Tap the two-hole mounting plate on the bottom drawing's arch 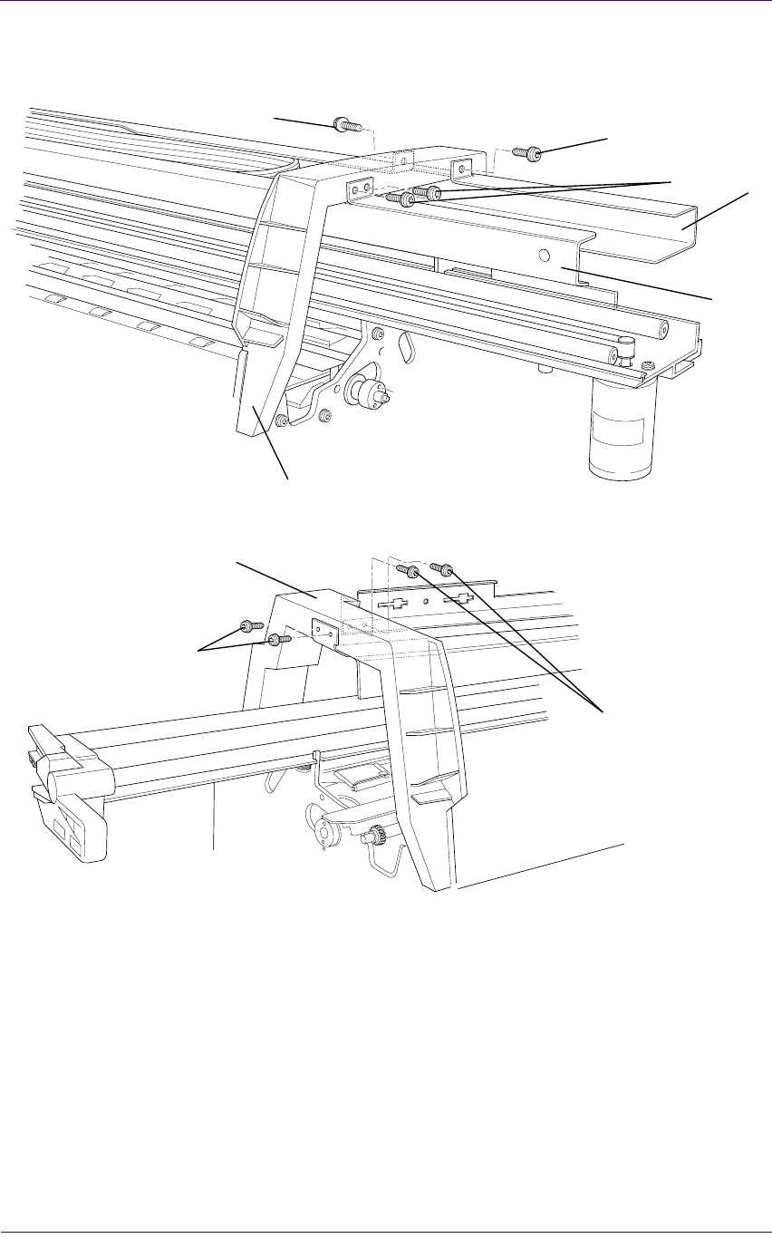pyautogui.click(x=323, y=633)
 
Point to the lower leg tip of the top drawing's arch pyautogui.click(x=254, y=421)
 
